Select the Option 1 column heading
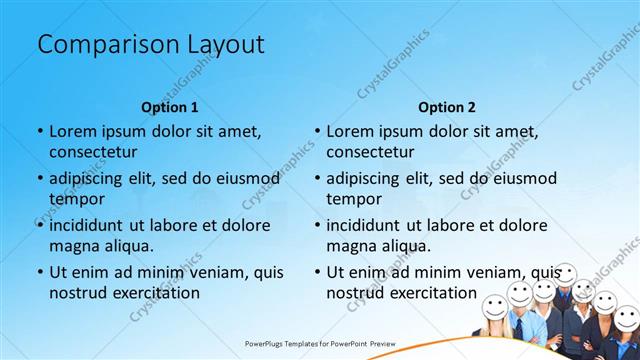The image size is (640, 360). (x=170, y=107)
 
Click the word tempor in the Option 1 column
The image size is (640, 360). (x=77, y=199)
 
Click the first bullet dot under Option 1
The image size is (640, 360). (x=40, y=132)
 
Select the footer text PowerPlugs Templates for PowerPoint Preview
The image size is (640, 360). (x=320, y=343)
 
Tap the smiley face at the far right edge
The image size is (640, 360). (x=627, y=318)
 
